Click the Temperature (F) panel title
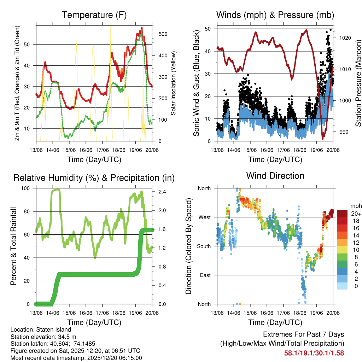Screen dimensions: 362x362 click(x=94, y=15)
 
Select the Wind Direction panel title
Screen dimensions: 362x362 click(x=275, y=175)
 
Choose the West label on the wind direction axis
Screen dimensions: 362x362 click(x=204, y=217)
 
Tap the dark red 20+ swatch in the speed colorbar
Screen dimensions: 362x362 click(x=342, y=214)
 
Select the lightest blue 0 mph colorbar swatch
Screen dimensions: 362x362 click(x=342, y=286)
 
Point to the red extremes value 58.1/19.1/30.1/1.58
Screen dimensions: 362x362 click(x=314, y=353)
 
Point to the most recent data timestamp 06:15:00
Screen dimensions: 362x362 click(x=130, y=358)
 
